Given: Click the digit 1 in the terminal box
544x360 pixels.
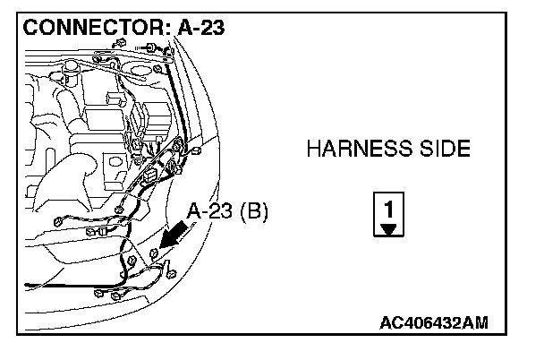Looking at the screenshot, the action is click(x=387, y=207).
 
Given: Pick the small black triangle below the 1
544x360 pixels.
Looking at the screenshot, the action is click(x=387, y=228).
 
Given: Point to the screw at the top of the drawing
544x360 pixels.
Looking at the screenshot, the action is click(x=146, y=46).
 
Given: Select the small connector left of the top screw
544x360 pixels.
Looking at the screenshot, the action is click(x=118, y=44).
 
